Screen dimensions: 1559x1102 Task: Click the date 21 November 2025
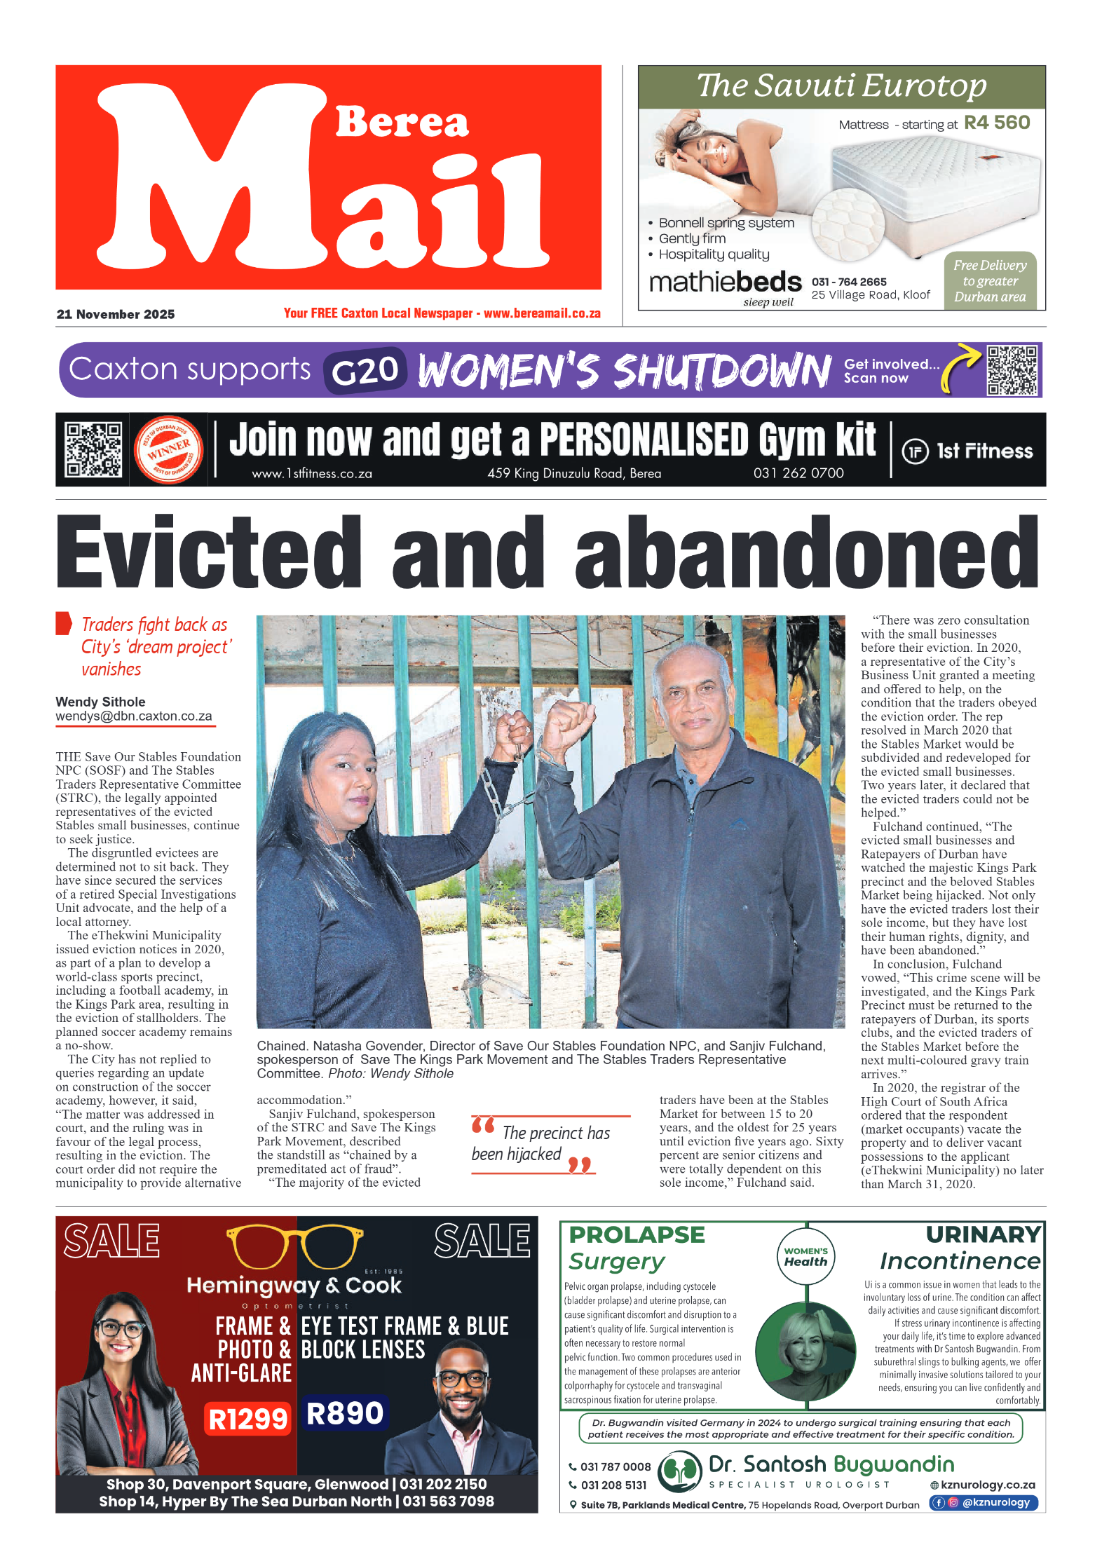tap(116, 314)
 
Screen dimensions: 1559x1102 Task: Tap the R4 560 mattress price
tap(996, 123)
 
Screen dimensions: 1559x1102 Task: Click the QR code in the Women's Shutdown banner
tap(1011, 370)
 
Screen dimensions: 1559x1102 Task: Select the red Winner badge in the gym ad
tap(168, 449)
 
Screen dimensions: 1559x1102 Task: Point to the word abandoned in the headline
tap(806, 553)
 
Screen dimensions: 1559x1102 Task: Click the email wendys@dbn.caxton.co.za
tap(134, 716)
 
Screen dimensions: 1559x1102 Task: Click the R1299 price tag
tap(248, 1419)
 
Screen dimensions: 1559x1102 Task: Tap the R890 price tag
tap(344, 1413)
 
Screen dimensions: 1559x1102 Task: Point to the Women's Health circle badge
tap(805, 1257)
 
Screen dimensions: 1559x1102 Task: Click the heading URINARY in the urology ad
tap(983, 1234)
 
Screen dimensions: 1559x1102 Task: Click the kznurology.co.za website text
tap(987, 1485)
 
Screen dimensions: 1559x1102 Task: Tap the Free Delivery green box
tap(989, 280)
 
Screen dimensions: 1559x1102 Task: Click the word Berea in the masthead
tap(402, 123)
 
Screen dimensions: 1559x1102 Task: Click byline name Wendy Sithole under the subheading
tap(101, 702)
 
